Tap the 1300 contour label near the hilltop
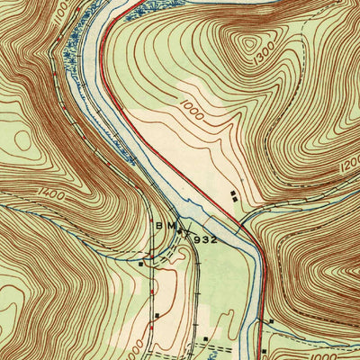pyautogui.click(x=263, y=58)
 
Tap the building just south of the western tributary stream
pyautogui.click(x=142, y=265)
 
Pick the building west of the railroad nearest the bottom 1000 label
pyautogui.click(x=157, y=316)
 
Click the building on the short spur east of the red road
pyautogui.click(x=271, y=321)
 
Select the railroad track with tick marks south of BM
pyautogui.click(x=196, y=270)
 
